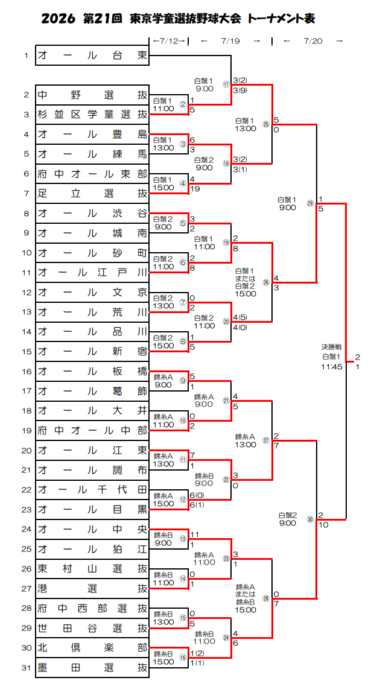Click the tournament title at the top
(179, 18)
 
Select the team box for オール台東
(92, 56)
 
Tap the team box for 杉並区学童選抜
(92, 115)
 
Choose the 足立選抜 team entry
(92, 194)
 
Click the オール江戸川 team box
(92, 273)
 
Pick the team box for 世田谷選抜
(92, 628)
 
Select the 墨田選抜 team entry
(92, 667)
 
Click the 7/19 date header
(230, 41)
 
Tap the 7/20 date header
(313, 41)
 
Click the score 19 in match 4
(195, 188)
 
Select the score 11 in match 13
(195, 534)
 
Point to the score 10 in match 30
(323, 525)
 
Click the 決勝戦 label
(332, 347)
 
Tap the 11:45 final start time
(332, 367)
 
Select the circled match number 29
(310, 203)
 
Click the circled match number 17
(226, 84)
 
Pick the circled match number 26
(266, 282)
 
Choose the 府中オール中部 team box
(92, 430)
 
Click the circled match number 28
(266, 598)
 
